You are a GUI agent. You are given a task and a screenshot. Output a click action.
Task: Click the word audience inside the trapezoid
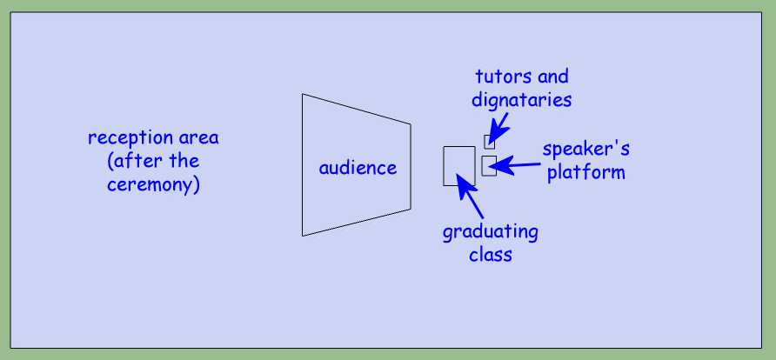click(358, 168)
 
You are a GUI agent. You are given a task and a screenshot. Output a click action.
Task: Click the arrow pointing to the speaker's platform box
click(515, 166)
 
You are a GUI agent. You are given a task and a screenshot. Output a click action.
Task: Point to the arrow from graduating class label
click(469, 196)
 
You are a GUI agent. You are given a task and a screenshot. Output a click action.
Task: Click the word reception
click(124, 138)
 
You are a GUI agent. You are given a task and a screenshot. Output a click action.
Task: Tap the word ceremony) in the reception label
click(153, 185)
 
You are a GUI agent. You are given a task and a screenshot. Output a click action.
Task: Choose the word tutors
click(497, 77)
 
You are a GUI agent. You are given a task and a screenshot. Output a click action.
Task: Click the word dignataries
click(522, 100)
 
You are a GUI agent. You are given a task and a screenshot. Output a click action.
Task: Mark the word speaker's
click(586, 149)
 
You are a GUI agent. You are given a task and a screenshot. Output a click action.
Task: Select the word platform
click(586, 172)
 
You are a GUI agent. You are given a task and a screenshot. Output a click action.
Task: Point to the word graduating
click(490, 232)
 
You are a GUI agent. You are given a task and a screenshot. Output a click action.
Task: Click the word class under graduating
click(491, 255)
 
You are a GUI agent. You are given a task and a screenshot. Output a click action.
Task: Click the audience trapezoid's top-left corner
click(303, 94)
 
